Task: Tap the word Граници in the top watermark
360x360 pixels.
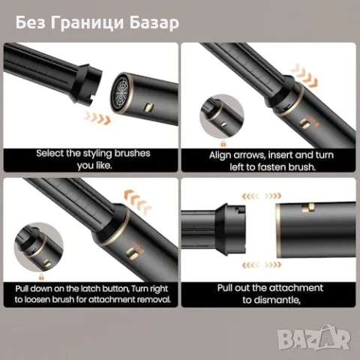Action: (91, 22)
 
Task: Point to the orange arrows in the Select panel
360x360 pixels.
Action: (98, 118)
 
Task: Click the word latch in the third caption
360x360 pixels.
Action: (92, 287)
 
